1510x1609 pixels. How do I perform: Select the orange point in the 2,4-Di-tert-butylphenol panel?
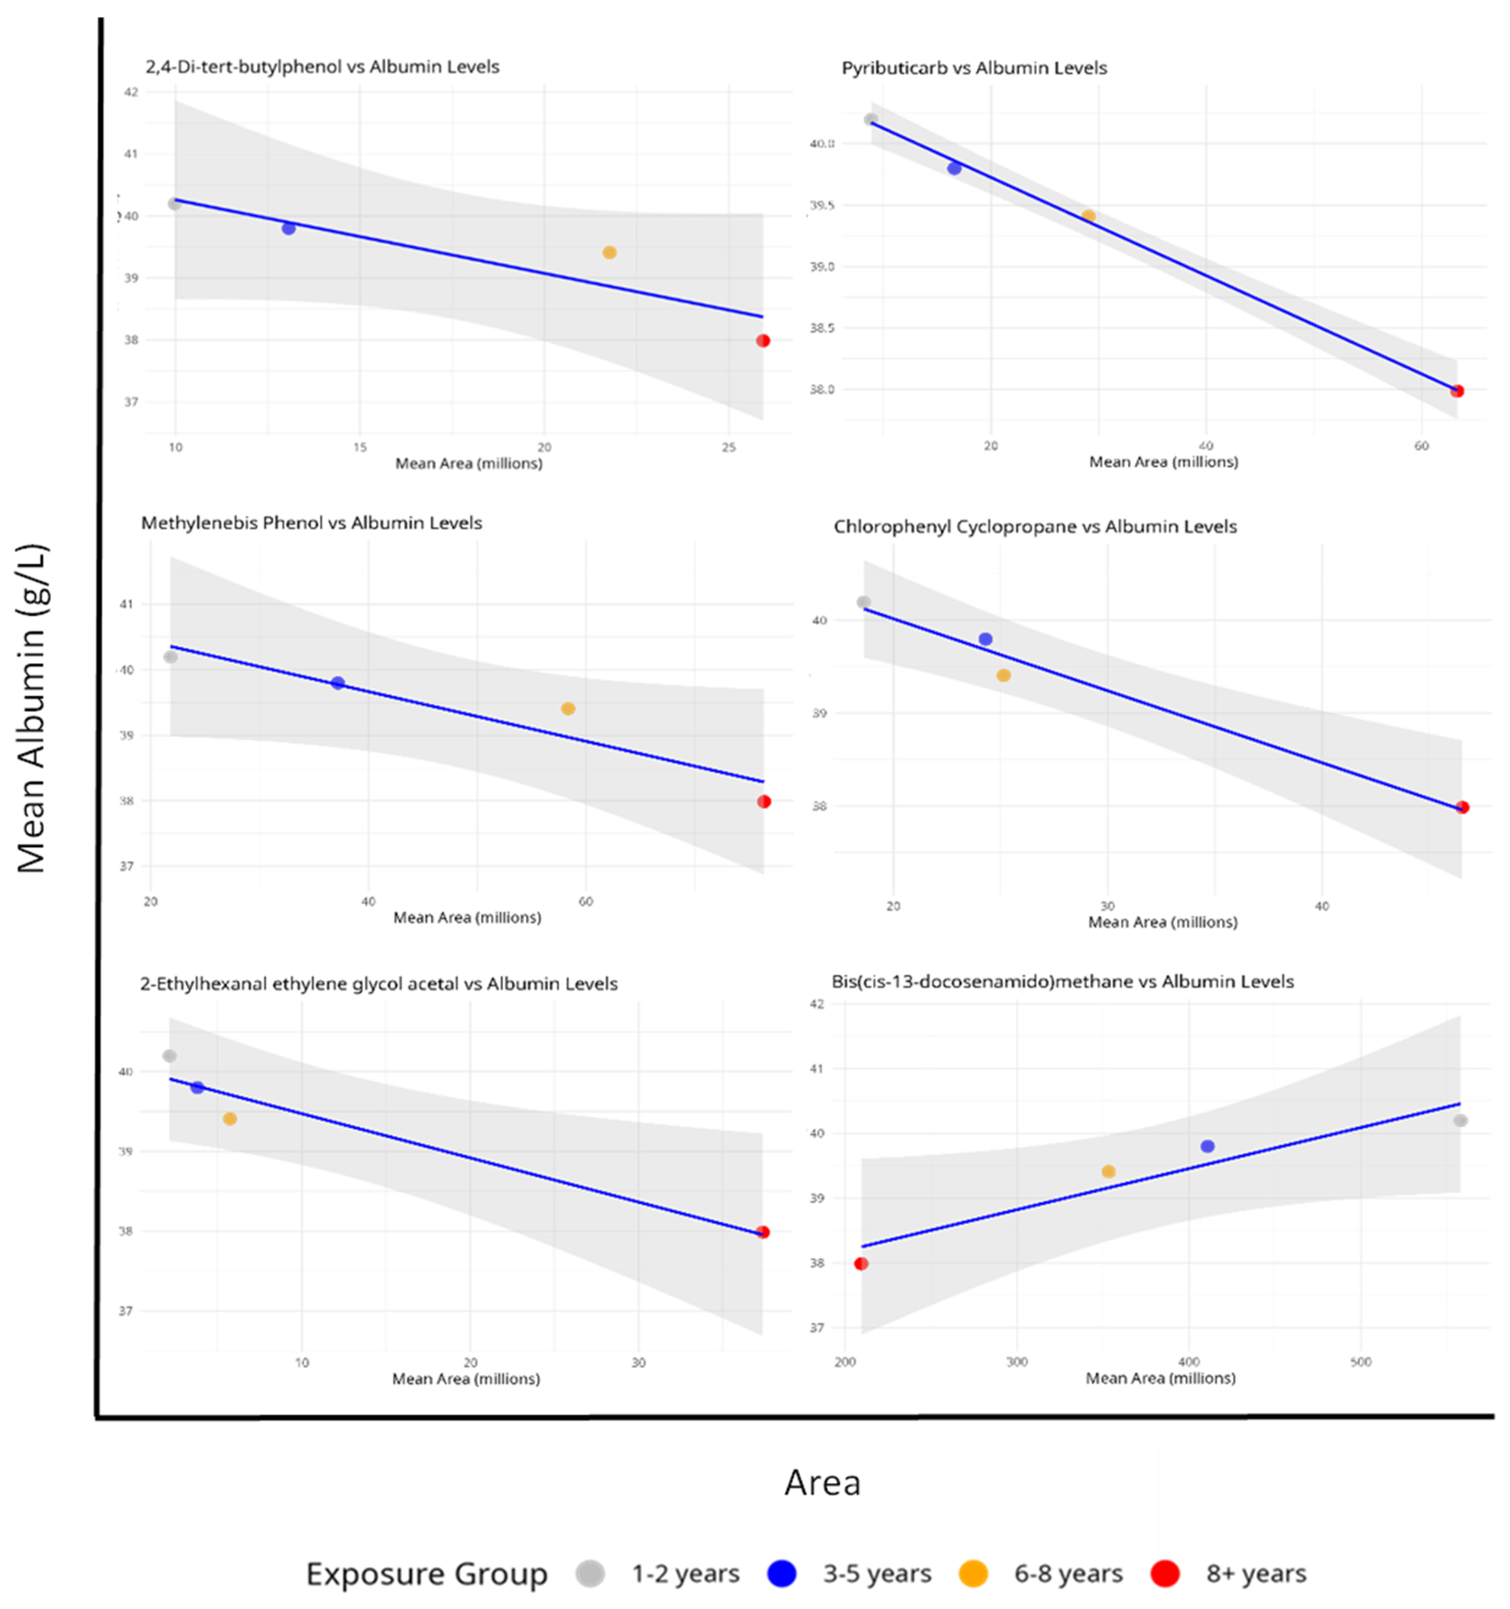609,252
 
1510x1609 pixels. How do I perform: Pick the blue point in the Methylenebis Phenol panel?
338,683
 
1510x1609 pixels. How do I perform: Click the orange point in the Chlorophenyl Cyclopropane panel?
1003,675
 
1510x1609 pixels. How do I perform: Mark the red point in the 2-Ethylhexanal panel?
762,1232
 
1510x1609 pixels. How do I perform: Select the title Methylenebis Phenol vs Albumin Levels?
311,523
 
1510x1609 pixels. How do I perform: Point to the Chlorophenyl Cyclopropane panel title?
1035,527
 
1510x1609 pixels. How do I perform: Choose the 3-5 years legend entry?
877,1573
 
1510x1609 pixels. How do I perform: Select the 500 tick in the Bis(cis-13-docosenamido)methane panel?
1361,1362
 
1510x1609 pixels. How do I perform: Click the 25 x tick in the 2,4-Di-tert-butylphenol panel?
729,447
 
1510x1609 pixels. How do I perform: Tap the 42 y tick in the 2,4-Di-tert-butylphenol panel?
131,92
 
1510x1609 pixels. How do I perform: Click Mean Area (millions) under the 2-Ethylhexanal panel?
466,1378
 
